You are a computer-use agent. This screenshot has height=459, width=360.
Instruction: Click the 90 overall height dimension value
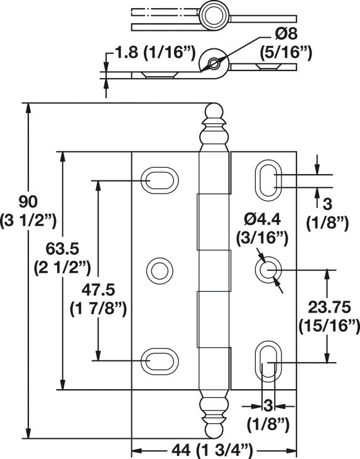click(28, 202)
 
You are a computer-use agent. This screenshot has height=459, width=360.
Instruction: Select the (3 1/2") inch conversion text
click(28, 219)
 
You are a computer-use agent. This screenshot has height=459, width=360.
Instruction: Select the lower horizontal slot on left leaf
click(158, 361)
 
